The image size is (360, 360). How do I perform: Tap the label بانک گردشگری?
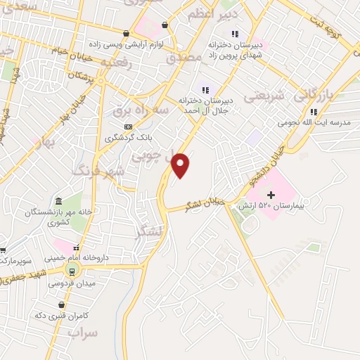pyautogui.click(x=128, y=138)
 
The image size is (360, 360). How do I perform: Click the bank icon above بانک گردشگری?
pyautogui.click(x=128, y=127)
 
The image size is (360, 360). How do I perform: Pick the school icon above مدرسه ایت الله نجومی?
pyautogui.click(x=314, y=111)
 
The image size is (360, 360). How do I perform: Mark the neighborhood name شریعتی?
pyautogui.click(x=264, y=95)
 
